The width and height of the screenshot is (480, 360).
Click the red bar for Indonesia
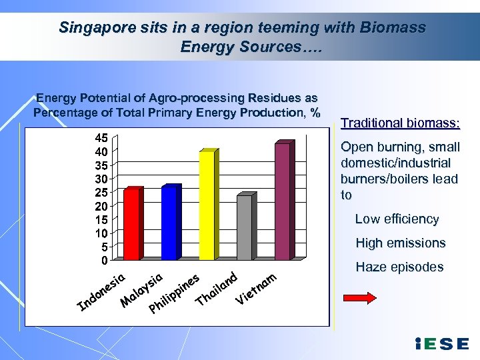click(132, 224)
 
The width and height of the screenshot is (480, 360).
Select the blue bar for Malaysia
click(170, 223)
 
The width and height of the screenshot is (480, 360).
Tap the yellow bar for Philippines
click(207, 205)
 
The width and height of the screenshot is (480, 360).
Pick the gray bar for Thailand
click(245, 227)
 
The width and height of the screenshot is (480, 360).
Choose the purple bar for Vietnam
click(283, 201)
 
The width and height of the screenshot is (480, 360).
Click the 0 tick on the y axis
click(105, 260)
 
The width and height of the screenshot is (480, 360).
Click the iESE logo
click(441, 344)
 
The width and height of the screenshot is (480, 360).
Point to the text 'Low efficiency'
click(397, 219)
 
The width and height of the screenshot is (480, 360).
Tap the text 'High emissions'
click(400, 243)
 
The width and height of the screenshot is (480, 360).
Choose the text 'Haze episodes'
click(399, 267)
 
